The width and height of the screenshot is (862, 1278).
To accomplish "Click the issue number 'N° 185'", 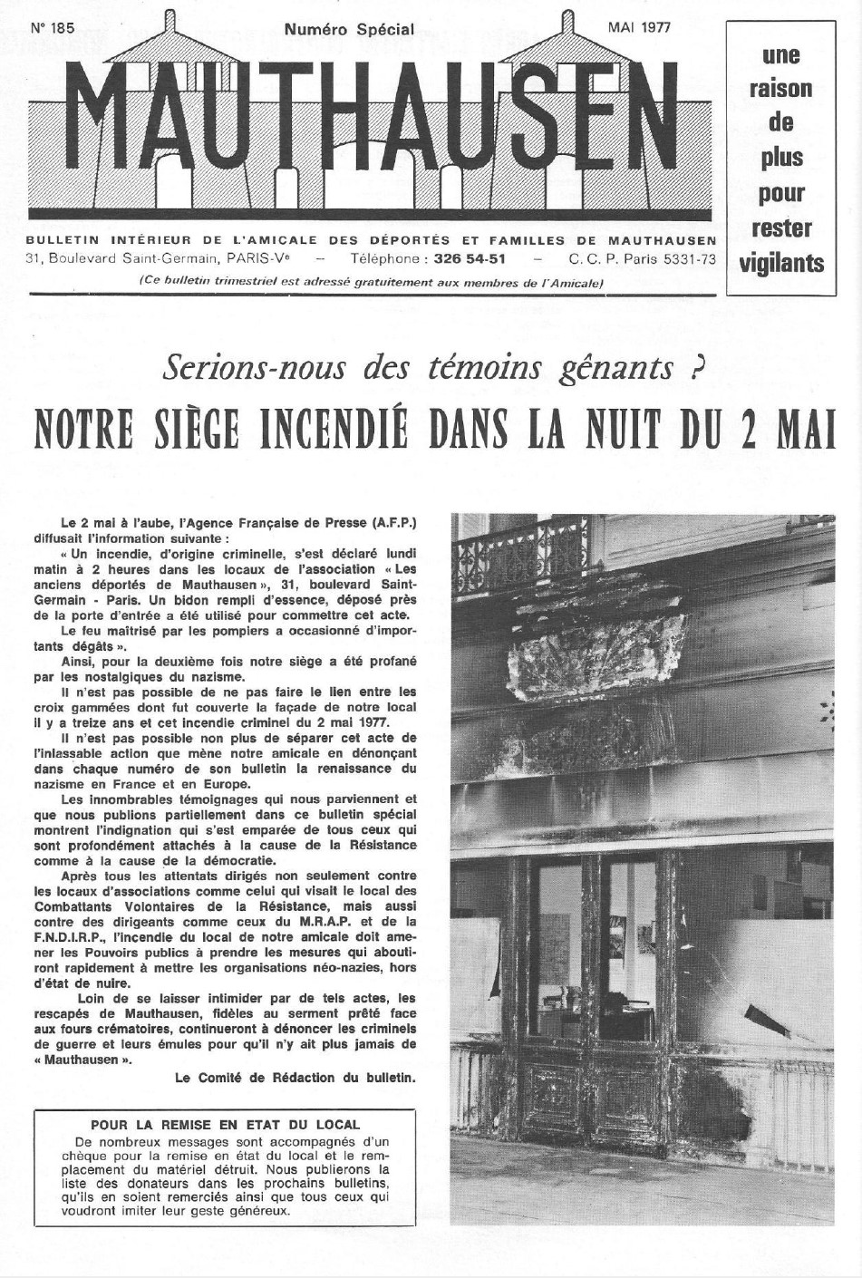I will [x=52, y=28].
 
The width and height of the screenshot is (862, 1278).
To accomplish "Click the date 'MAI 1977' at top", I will [x=639, y=27].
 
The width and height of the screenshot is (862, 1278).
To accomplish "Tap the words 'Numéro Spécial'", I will [x=349, y=29].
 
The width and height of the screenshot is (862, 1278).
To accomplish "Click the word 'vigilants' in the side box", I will [x=781, y=264].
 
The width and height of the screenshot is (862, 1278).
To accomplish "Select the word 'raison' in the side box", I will [x=781, y=89].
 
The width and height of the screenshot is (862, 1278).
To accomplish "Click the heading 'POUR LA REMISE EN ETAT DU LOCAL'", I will [x=224, y=1125].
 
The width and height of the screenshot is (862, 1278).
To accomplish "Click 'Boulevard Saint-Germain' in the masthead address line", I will [x=135, y=258].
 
